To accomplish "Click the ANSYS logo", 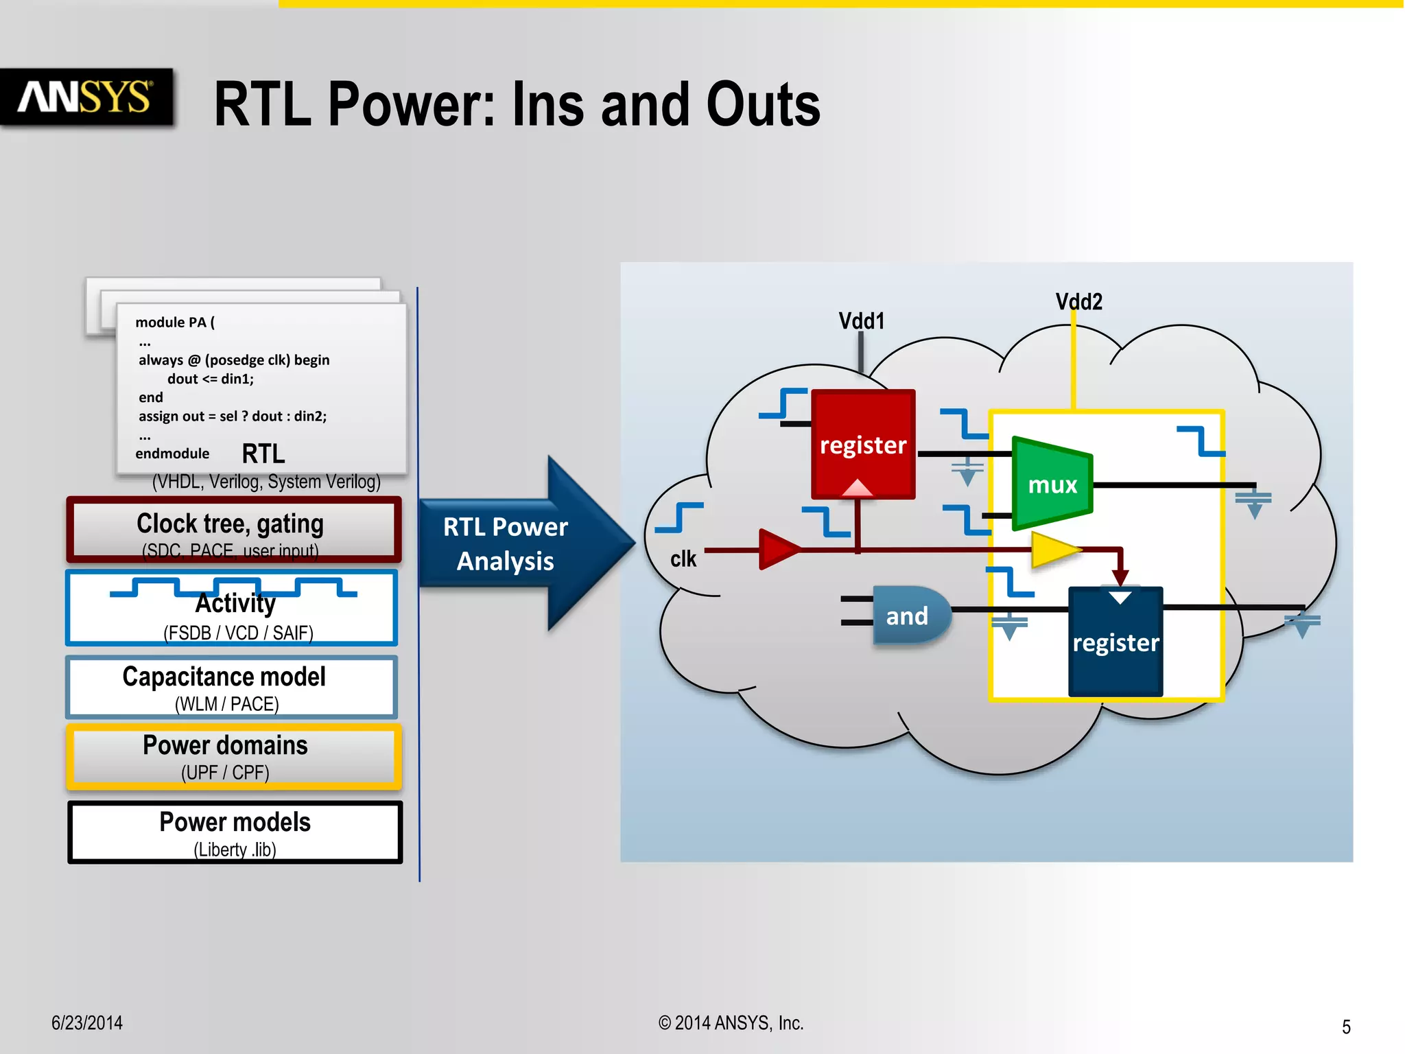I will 86,97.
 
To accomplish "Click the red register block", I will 862,444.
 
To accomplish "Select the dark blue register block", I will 1115,642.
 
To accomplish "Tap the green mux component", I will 1051,484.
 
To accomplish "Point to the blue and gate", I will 909,616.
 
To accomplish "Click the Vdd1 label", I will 862,320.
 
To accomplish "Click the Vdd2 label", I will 1078,301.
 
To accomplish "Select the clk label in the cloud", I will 683,559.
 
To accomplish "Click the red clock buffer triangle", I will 777,549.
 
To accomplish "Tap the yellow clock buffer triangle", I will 1053,550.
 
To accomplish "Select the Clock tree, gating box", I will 233,530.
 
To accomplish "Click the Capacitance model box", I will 231,687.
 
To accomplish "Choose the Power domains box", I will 233,756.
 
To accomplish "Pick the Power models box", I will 235,832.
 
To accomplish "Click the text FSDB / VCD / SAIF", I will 238,633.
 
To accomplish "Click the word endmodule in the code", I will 172,454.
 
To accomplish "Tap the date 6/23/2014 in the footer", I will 87,1022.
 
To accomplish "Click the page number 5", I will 1346,1027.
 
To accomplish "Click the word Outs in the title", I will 763,105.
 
